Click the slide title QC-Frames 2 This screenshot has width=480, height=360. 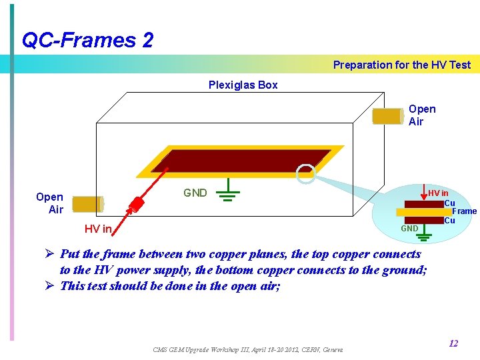coord(87,40)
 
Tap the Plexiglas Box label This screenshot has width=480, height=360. coord(243,85)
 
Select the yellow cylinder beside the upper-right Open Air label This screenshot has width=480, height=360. coord(387,116)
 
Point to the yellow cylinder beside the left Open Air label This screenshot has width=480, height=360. coord(86,204)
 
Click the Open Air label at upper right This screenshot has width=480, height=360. coord(421,115)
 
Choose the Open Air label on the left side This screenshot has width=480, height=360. coord(50,203)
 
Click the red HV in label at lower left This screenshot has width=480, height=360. coord(97,229)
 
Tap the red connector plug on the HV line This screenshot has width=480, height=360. coord(137,203)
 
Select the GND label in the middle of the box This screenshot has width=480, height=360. coord(195,193)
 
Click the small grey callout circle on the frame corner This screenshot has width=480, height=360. coord(305,174)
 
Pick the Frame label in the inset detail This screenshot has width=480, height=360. coord(465,211)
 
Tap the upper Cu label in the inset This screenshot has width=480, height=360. coord(449,203)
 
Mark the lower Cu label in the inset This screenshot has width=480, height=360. coord(449,221)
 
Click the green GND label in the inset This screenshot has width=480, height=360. coord(409,229)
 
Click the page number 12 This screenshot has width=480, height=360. coord(453,344)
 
